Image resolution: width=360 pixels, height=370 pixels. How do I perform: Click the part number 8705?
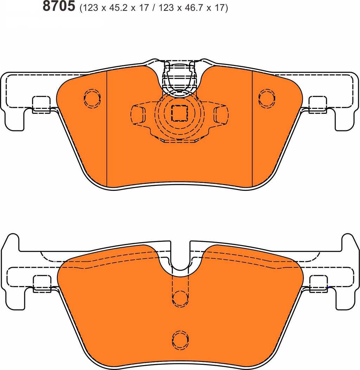pyautogui.click(x=59, y=6)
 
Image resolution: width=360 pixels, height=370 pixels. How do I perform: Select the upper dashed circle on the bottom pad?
pyautogui.click(x=180, y=298)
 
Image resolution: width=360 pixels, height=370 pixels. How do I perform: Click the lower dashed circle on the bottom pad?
pyautogui.click(x=180, y=338)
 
